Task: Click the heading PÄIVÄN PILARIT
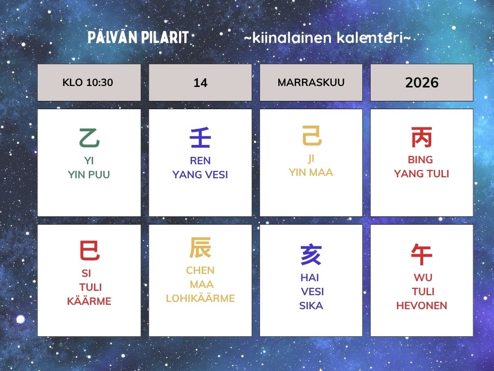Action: tap(138, 37)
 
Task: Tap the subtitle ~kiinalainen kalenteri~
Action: tap(328, 38)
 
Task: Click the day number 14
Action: tap(200, 83)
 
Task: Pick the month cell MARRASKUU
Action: tap(311, 82)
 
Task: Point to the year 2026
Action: tap(422, 83)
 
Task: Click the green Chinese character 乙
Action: tap(89, 138)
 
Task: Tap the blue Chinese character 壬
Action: tap(200, 138)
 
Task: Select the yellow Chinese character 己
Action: tap(312, 135)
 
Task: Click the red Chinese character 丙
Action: tap(422, 137)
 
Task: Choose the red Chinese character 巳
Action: tap(89, 250)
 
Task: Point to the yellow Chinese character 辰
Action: tap(200, 248)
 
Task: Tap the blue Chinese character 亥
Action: tap(311, 254)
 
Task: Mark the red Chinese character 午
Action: tap(422, 254)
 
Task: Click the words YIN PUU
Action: tap(89, 174)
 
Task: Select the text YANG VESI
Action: tap(200, 174)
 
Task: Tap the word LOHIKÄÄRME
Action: tap(200, 298)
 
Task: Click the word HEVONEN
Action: tap(422, 305)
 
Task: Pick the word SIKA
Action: tap(311, 305)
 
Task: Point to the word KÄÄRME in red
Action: tap(89, 301)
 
